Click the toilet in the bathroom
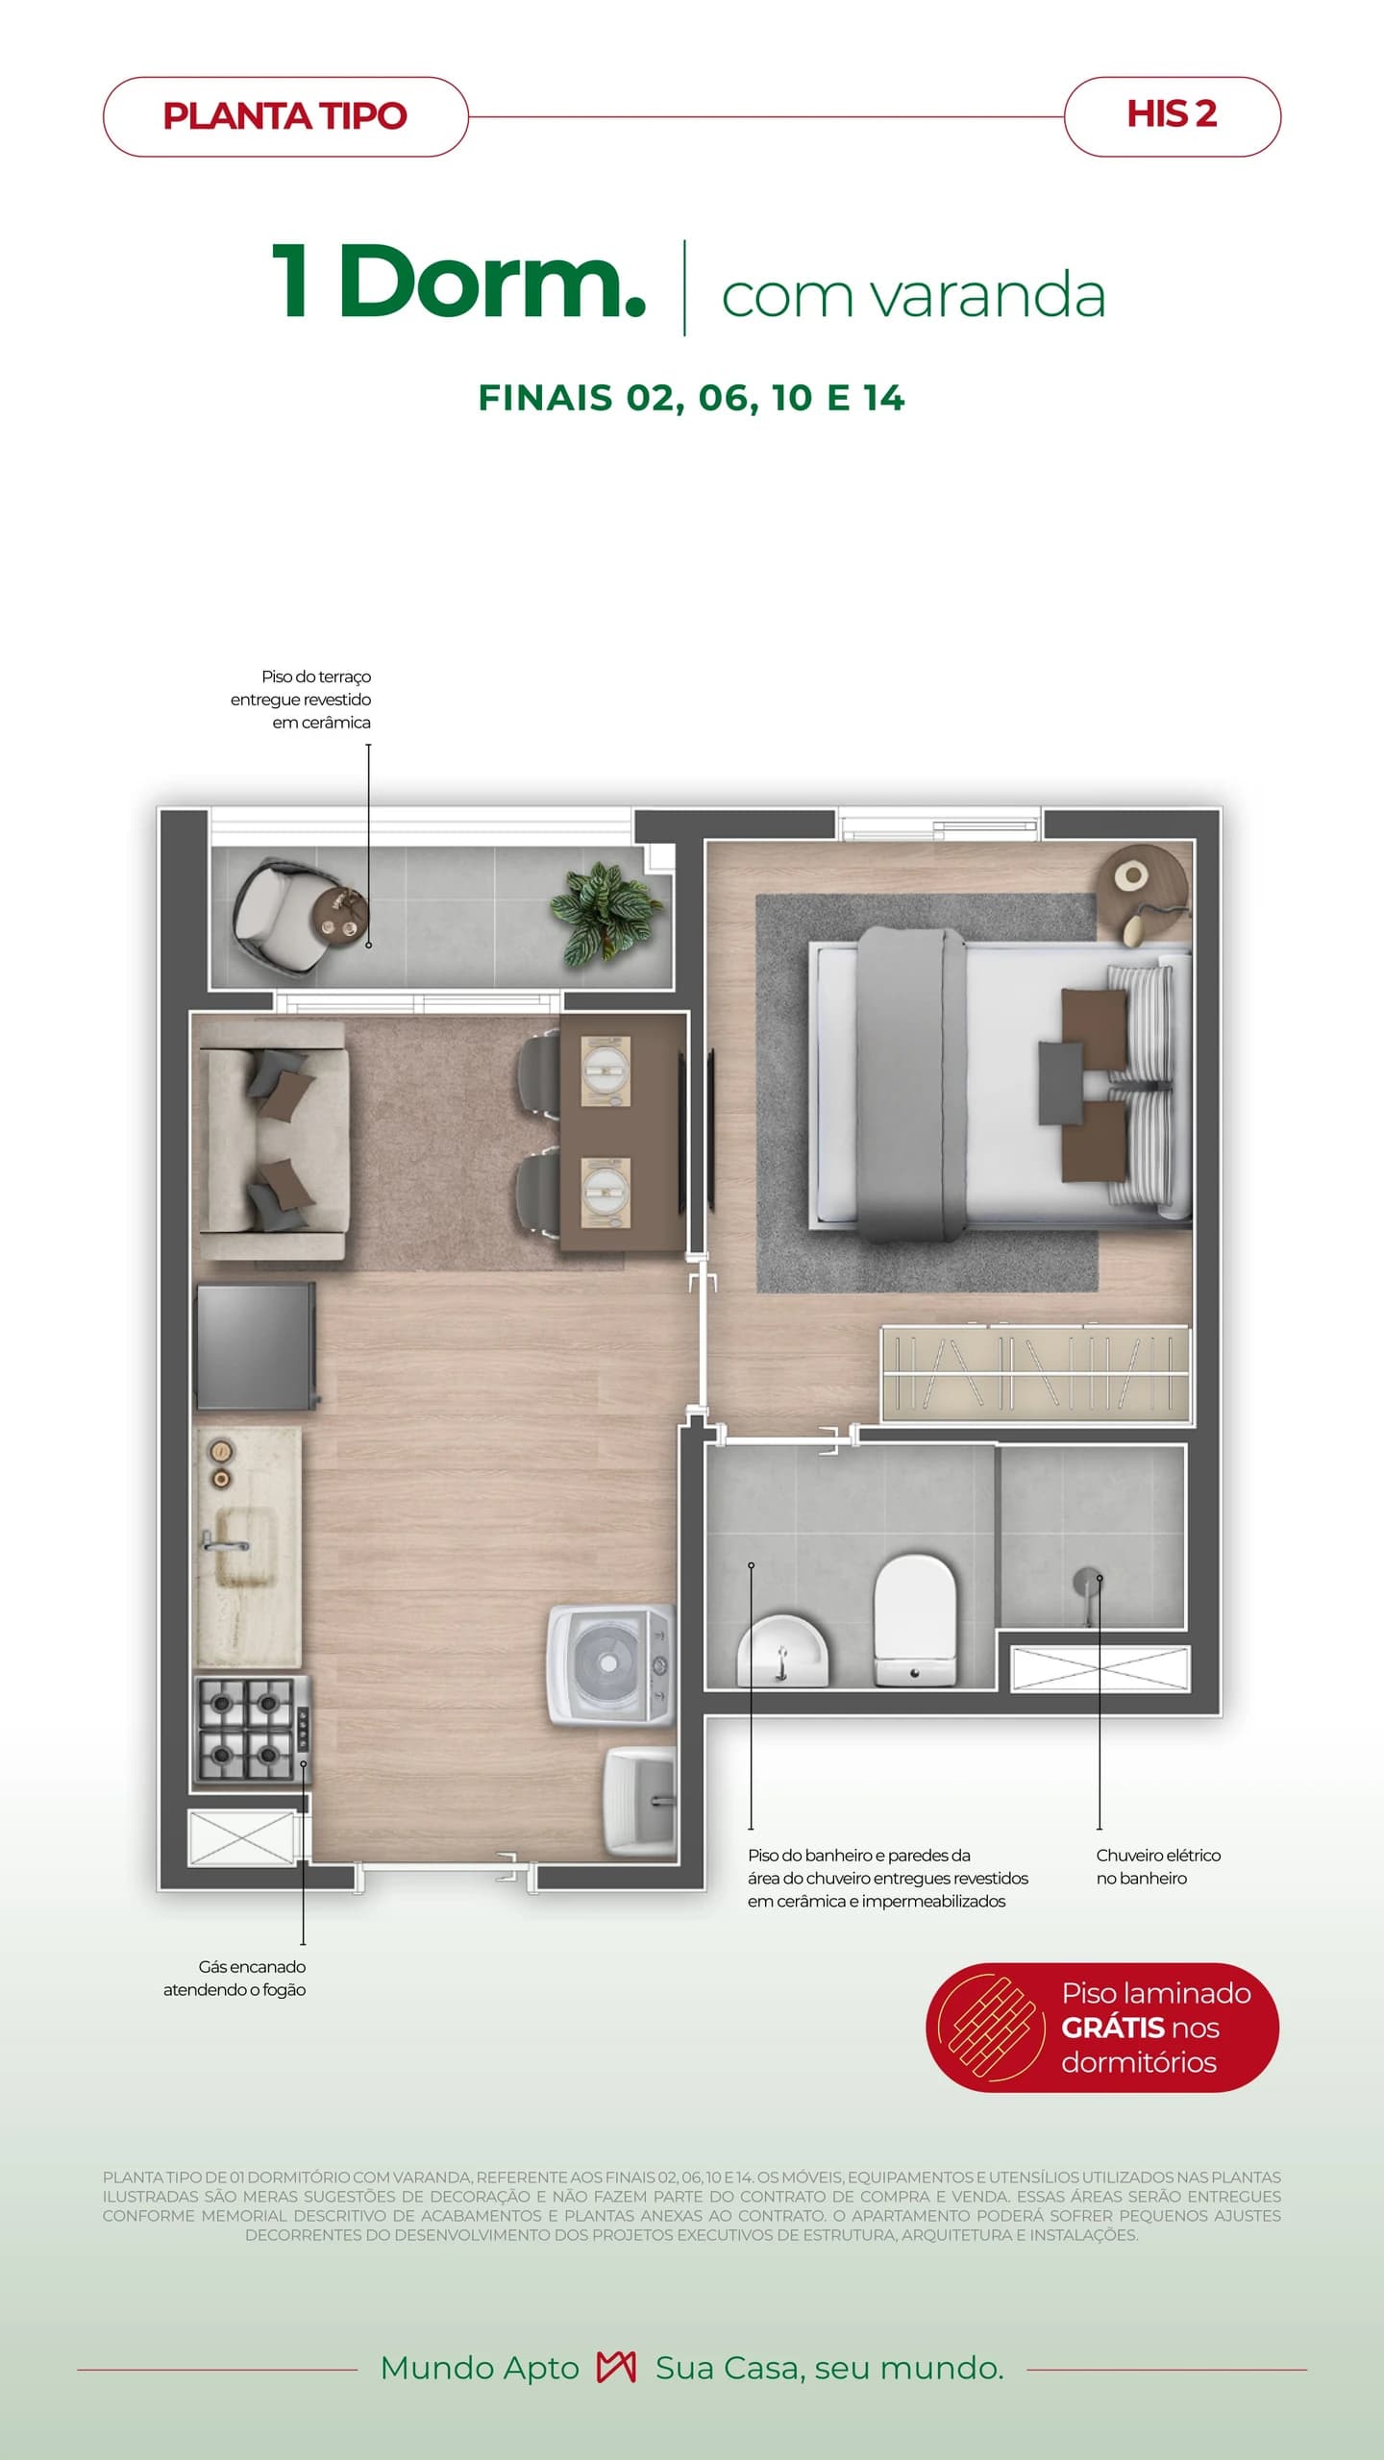[915, 1622]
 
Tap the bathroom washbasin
[782, 1651]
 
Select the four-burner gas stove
[253, 1729]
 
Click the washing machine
[611, 1663]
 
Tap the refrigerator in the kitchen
[256, 1345]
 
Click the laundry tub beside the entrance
[641, 1800]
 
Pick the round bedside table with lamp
[1144, 890]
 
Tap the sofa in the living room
[271, 1140]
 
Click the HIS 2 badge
[1173, 116]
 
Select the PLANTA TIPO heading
[285, 116]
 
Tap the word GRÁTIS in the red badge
[1113, 2028]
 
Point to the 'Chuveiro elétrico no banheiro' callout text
[1158, 1866]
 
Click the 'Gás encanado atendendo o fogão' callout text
[235, 1978]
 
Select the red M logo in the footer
[616, 2368]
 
